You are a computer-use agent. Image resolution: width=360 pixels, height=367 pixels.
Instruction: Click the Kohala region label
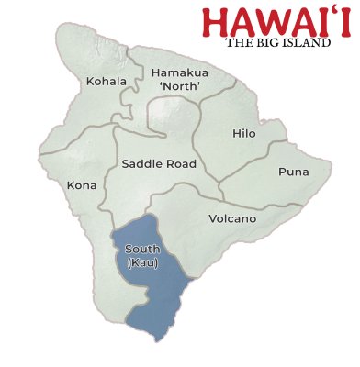tap(107, 81)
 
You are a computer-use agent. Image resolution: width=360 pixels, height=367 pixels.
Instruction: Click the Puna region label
tap(294, 172)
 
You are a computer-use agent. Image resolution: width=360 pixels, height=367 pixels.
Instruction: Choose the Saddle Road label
tap(159, 164)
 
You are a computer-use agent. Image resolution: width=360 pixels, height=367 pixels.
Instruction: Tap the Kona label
tap(81, 185)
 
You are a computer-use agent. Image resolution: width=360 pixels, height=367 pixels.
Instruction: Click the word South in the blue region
tap(142, 250)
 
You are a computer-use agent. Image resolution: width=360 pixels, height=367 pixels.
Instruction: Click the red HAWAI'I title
tap(276, 22)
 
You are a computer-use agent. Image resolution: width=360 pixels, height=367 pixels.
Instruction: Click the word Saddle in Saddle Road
tap(140, 164)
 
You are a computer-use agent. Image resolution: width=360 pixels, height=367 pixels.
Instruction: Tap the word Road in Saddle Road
tap(181, 164)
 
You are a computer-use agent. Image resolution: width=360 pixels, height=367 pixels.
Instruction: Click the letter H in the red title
tap(217, 23)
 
